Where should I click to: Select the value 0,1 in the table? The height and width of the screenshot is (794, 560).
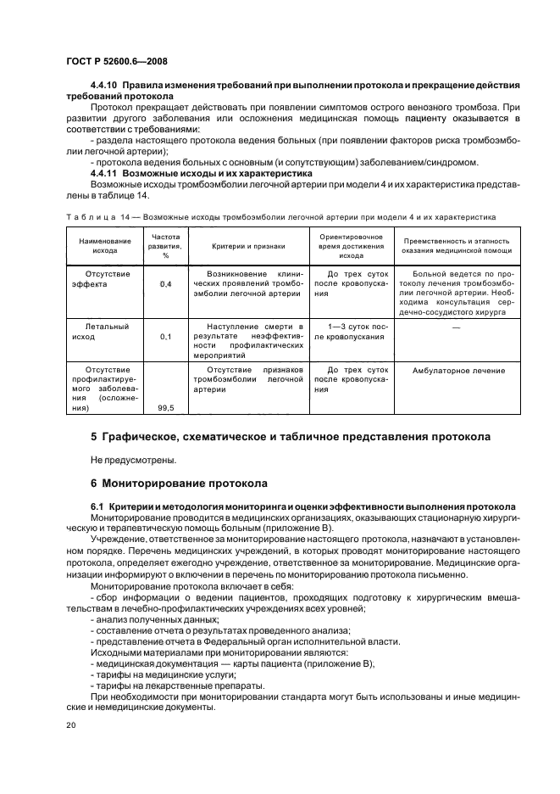[x=165, y=337]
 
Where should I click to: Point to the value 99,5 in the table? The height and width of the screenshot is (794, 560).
[x=165, y=408]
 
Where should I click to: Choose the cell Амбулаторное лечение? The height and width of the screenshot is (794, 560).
[x=457, y=371]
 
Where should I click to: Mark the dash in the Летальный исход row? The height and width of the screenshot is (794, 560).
[x=457, y=327]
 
